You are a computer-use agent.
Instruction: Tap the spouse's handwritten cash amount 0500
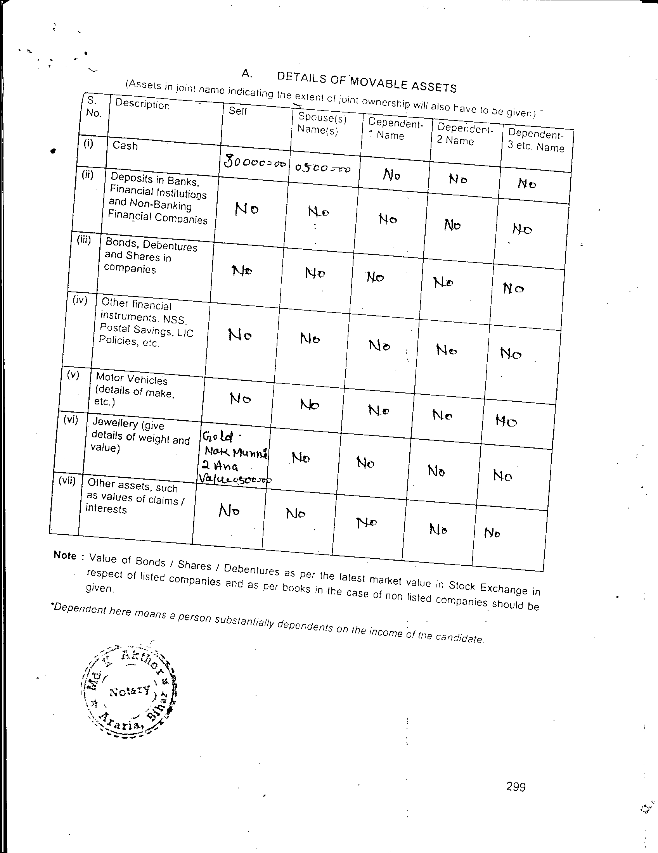[x=322, y=168]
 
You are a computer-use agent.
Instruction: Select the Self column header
[x=238, y=111]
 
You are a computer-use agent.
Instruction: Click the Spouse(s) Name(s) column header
[x=322, y=123]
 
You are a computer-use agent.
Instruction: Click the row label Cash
[x=125, y=146]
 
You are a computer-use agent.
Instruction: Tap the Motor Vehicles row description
[x=132, y=389]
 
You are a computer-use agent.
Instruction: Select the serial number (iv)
[x=79, y=300]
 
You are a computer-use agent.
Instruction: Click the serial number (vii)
[x=66, y=481]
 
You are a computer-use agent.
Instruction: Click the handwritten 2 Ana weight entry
[x=220, y=466]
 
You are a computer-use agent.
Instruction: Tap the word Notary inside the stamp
[x=130, y=691]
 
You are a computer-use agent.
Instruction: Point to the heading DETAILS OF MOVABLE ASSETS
[x=367, y=82]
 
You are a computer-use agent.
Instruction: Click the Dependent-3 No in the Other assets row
[x=492, y=532]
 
